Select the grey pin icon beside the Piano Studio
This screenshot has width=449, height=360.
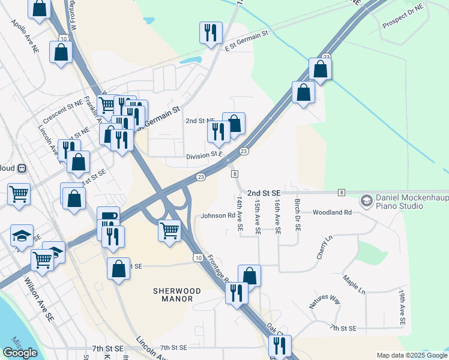pos(366,201)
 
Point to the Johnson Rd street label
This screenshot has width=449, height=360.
pos(218,215)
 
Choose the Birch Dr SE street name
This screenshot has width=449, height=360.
pos(298,216)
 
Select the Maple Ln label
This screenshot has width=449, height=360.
pos(354,281)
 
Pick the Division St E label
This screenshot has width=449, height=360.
pos(204,155)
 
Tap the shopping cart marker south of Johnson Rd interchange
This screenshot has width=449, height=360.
pos(170,230)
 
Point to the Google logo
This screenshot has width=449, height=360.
pos(20,352)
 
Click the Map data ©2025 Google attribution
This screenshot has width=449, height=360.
pos(412,355)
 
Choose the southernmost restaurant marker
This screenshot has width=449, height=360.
pos(280,346)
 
